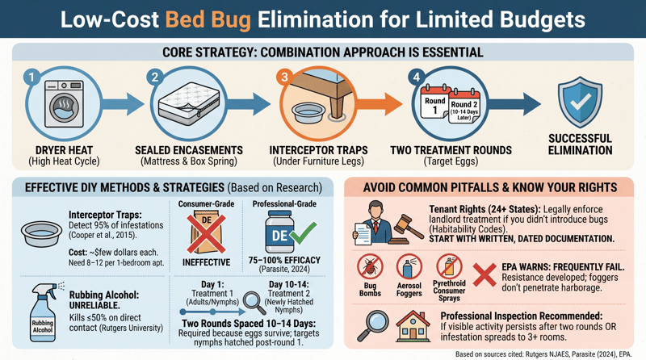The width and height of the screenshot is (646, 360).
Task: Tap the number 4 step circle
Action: point(415,77)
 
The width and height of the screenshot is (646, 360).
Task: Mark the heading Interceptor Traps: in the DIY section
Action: point(97,215)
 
